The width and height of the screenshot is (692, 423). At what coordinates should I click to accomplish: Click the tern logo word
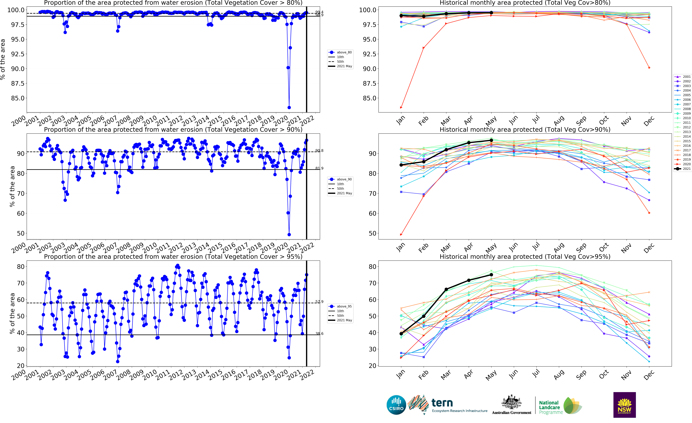442,403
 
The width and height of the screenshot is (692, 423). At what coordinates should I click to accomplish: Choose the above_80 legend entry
340,52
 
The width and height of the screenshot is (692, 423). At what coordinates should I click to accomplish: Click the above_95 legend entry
340,306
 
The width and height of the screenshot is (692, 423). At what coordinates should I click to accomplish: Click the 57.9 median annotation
319,302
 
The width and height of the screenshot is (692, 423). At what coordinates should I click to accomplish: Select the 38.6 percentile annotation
319,334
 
